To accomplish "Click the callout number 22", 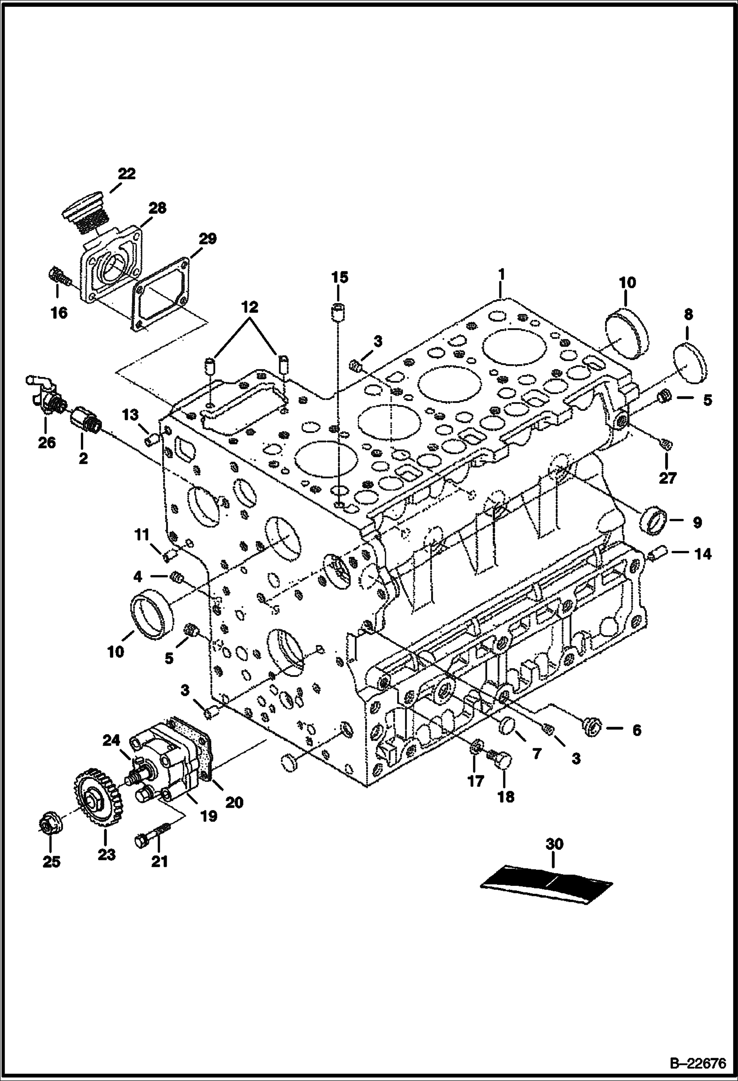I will coord(126,173).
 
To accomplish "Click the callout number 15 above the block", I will coord(339,277).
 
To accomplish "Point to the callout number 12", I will coord(249,307).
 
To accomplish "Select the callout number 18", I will coord(505,797).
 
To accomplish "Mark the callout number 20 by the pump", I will coord(234,802).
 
